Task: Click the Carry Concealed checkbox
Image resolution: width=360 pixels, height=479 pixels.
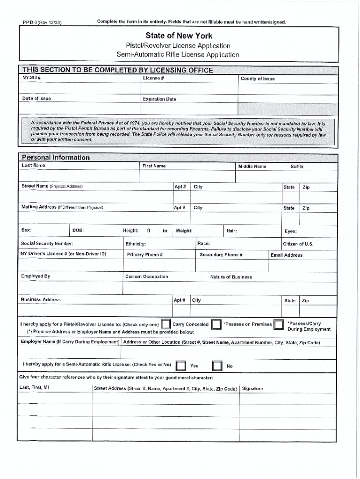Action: click(166, 325)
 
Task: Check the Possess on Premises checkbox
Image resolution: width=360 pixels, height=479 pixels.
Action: click(216, 325)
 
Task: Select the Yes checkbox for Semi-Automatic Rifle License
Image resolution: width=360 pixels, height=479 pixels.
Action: click(181, 366)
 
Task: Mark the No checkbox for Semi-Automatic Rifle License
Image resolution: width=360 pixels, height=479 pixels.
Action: click(217, 366)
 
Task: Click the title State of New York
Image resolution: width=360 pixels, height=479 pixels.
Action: click(179, 36)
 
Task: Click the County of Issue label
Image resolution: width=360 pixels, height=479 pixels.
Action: click(258, 79)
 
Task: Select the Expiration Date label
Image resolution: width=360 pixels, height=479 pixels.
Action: click(159, 99)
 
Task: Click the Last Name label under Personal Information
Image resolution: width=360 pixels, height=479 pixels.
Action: click(34, 166)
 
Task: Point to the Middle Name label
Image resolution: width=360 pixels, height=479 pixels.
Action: click(252, 167)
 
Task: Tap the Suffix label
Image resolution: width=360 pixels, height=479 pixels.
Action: click(297, 167)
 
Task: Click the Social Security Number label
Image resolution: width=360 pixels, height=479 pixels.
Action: click(47, 244)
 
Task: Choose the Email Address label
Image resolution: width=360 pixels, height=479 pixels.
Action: click(286, 255)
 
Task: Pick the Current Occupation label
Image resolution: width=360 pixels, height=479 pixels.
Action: click(147, 276)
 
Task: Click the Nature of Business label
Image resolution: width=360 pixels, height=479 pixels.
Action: click(231, 277)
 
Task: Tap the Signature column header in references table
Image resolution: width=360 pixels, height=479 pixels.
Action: click(252, 388)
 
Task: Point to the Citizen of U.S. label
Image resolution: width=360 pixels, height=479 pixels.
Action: click(298, 244)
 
